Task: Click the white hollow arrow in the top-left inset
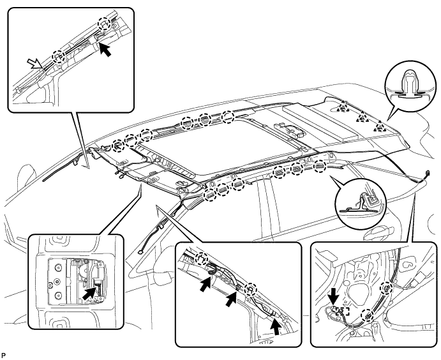[35, 64]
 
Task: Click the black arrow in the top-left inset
[105, 50]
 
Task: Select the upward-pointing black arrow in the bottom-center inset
[277, 326]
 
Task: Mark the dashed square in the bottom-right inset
[342, 311]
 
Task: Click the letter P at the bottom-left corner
[3, 356]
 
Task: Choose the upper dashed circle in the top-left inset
[104, 24]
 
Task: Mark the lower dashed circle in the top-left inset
[59, 57]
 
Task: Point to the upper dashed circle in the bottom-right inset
[386, 289]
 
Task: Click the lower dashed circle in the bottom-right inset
[368, 315]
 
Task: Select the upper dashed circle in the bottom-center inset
[202, 259]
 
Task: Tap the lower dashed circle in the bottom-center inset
[250, 289]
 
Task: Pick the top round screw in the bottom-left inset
[59, 267]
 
